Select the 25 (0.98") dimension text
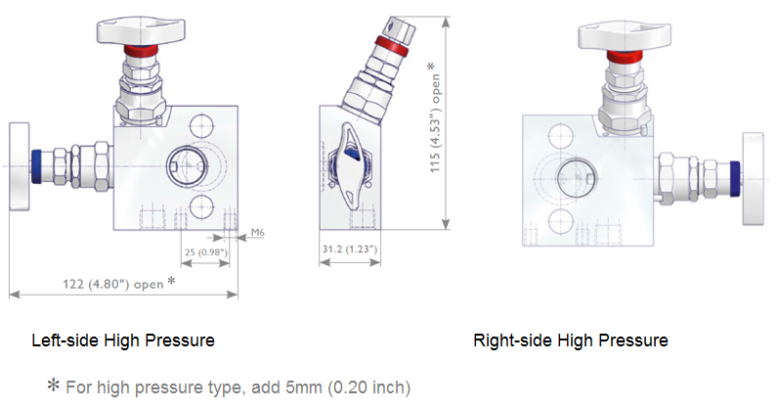[x=206, y=252]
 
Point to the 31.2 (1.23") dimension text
[x=350, y=251]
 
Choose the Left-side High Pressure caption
[x=123, y=340]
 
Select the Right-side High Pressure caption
[x=571, y=340]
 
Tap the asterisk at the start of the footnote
[x=53, y=385]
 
